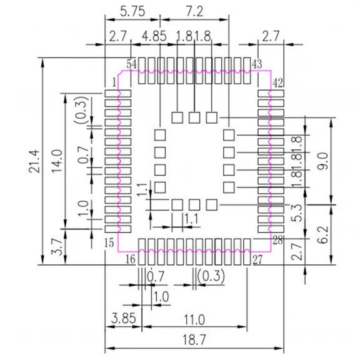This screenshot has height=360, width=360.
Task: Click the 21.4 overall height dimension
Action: (34, 161)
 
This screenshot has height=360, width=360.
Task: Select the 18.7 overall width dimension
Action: (194, 339)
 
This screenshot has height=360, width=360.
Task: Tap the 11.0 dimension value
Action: (194, 319)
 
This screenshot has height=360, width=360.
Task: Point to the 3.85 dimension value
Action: (124, 318)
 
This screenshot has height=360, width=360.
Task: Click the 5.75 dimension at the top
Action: (132, 11)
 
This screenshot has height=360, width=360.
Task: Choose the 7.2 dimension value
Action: (194, 11)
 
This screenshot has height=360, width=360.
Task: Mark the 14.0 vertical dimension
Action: (57, 161)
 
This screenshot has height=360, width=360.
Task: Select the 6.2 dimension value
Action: (323, 234)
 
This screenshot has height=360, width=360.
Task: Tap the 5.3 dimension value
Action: (297, 213)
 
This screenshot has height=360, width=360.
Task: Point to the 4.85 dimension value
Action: (154, 36)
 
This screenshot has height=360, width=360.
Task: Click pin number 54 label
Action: (132, 64)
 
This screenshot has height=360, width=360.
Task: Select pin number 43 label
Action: (257, 64)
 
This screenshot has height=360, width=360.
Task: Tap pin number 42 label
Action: (277, 83)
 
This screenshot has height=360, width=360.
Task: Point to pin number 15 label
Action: (109, 243)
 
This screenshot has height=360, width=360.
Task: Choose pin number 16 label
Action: (131, 259)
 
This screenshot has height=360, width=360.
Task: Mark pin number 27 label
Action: (257, 260)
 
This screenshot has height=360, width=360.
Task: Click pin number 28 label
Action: (277, 241)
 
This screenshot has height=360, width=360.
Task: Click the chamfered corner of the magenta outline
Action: (119, 72)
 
